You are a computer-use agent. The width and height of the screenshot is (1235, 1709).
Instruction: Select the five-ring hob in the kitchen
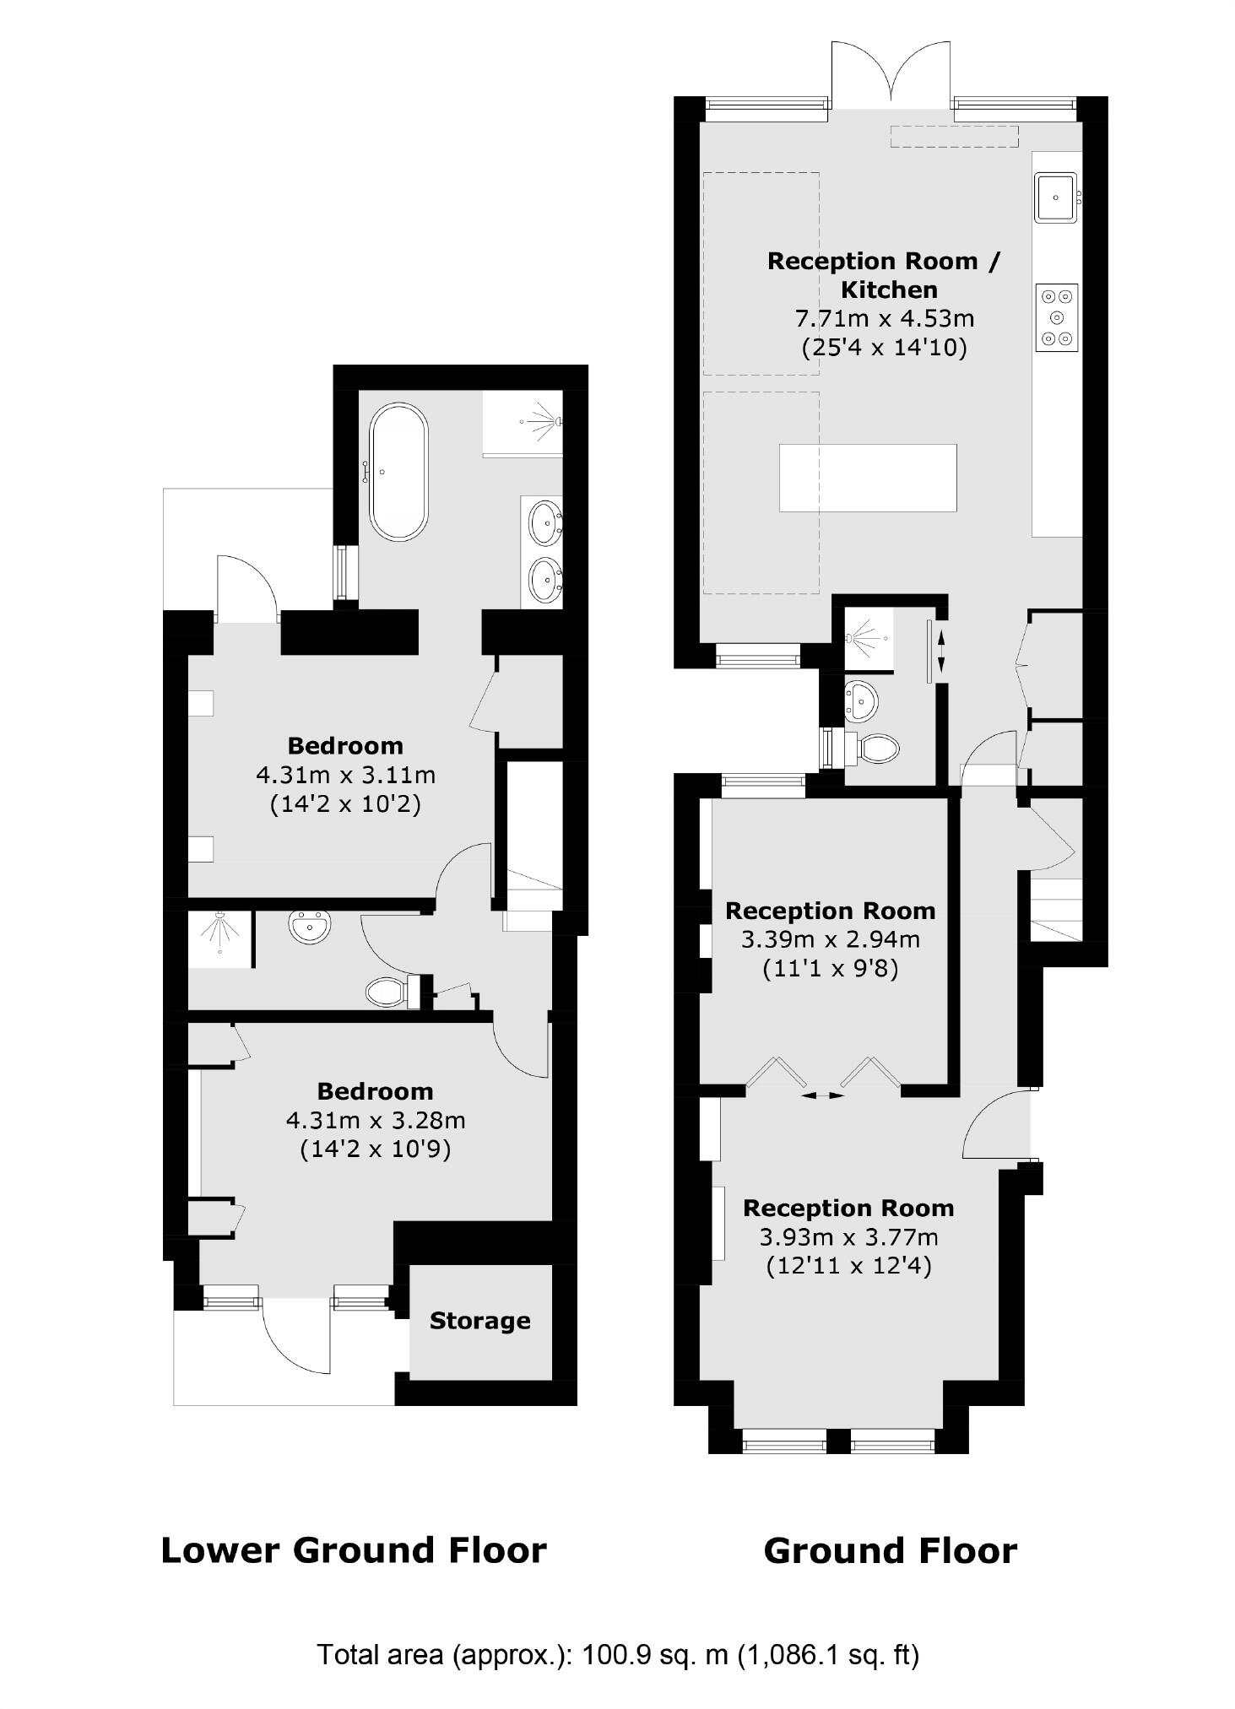pos(1057,316)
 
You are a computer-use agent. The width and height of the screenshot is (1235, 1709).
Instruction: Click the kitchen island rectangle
pos(867,478)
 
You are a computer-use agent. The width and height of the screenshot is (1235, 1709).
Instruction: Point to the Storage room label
pos(479,1321)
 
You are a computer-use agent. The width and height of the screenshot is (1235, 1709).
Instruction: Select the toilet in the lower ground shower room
pos(388,991)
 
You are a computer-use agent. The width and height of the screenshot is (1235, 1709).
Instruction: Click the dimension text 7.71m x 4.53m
pos(884,318)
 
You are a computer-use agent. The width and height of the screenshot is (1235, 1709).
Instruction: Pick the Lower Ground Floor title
pos(354,1550)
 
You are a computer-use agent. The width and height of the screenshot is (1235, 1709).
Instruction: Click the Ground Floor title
pos(890,1551)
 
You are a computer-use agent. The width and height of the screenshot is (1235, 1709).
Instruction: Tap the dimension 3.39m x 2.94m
pos(830,938)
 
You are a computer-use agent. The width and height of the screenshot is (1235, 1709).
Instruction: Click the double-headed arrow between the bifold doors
pos(822,1095)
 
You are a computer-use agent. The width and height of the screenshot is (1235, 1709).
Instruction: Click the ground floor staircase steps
pos(1055,911)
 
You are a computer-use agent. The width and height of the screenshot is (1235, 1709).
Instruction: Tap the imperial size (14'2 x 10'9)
pos(375,1149)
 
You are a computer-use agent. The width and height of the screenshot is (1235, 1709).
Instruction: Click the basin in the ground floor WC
pos(861,700)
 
